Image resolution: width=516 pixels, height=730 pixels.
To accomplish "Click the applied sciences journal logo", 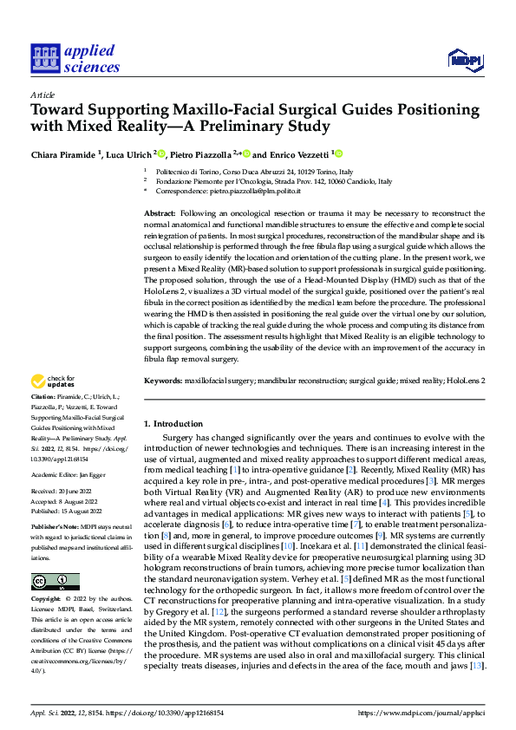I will tap(75, 58).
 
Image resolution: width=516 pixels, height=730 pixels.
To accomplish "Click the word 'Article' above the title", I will tap(42, 95).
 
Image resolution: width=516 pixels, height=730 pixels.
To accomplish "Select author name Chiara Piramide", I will tap(64, 153).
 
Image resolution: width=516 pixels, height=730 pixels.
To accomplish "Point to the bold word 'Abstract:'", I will tap(160, 213).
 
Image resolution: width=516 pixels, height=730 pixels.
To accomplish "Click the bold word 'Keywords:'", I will tap(163, 380).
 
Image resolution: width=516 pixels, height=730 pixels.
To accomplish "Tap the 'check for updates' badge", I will tap(54, 381).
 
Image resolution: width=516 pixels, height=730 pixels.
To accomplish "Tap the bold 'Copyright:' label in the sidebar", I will tap(47, 599).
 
